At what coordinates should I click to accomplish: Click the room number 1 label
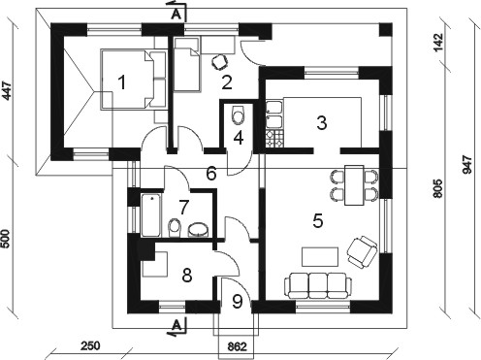click(122, 82)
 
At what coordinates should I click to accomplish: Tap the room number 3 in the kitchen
click(322, 122)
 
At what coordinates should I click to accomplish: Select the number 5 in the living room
click(318, 221)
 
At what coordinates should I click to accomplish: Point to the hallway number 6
click(211, 174)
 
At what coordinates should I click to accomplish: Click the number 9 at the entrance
click(238, 302)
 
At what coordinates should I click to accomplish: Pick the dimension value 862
click(238, 346)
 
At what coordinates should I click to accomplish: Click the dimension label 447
click(6, 91)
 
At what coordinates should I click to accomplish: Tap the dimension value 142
click(439, 42)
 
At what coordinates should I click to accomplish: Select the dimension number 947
click(467, 165)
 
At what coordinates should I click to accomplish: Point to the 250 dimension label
click(90, 345)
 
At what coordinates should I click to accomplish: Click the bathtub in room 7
click(150, 215)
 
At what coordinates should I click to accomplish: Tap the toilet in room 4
click(239, 115)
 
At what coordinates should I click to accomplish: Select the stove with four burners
click(274, 139)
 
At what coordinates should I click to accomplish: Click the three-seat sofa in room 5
click(318, 285)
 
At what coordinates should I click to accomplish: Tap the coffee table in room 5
click(320, 257)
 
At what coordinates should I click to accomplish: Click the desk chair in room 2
click(220, 62)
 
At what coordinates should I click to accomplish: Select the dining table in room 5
click(354, 185)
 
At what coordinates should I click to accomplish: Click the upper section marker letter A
click(176, 15)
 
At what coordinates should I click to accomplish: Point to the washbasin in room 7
click(198, 230)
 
